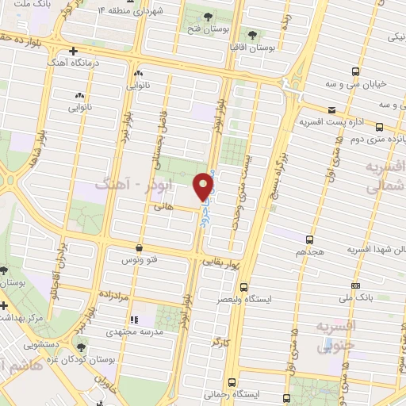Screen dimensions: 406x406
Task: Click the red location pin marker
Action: click(x=205, y=186)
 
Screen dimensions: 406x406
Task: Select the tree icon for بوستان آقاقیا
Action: click(x=253, y=34)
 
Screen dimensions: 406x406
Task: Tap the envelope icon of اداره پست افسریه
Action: click(x=331, y=110)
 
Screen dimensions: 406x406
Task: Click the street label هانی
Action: click(x=163, y=205)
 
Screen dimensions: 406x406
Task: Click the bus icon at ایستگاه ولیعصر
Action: click(x=243, y=287)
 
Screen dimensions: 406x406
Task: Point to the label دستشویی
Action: click(x=39, y=345)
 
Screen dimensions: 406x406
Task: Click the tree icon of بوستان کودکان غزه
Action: click(x=81, y=347)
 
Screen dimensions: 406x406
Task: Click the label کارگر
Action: click(x=219, y=342)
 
